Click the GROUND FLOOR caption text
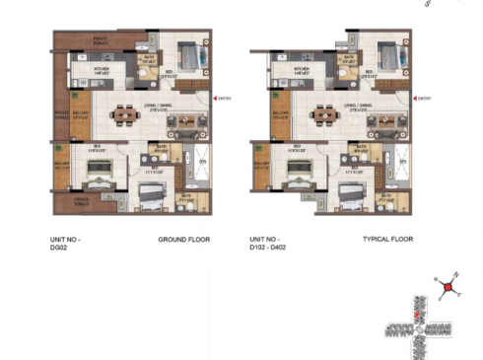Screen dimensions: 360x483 pyautogui.click(x=183, y=240)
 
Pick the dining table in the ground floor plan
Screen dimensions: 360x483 pyautogui.click(x=123, y=115)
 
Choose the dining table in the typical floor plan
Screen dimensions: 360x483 pyautogui.click(x=324, y=115)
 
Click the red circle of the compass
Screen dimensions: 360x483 pyautogui.click(x=448, y=287)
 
